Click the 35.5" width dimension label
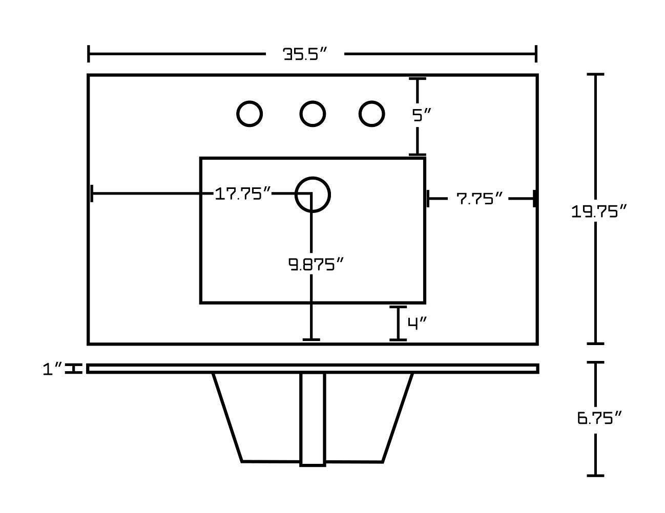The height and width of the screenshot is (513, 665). coord(305,54)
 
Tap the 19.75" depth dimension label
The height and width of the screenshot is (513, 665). coord(599,211)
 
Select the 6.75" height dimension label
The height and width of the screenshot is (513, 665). coord(599,418)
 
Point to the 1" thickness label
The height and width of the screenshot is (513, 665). coord(52,369)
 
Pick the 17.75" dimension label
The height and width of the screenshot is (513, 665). coord(242,194)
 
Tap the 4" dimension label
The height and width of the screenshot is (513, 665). coord(417,323)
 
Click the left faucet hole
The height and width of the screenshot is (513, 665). coord(250,114)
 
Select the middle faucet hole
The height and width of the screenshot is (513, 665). coord(312,114)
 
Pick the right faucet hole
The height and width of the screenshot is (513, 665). coord(371,114)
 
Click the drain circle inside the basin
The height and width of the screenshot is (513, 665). coord(313,195)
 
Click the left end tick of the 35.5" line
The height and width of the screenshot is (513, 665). coord(89,54)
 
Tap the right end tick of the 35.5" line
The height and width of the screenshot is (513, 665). coord(536,54)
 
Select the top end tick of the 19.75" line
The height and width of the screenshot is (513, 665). coord(595,75)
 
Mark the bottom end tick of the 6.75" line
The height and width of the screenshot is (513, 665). coord(595,476)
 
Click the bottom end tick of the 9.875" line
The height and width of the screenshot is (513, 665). coord(311,339)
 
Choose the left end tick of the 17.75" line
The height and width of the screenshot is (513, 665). coord(92,194)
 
